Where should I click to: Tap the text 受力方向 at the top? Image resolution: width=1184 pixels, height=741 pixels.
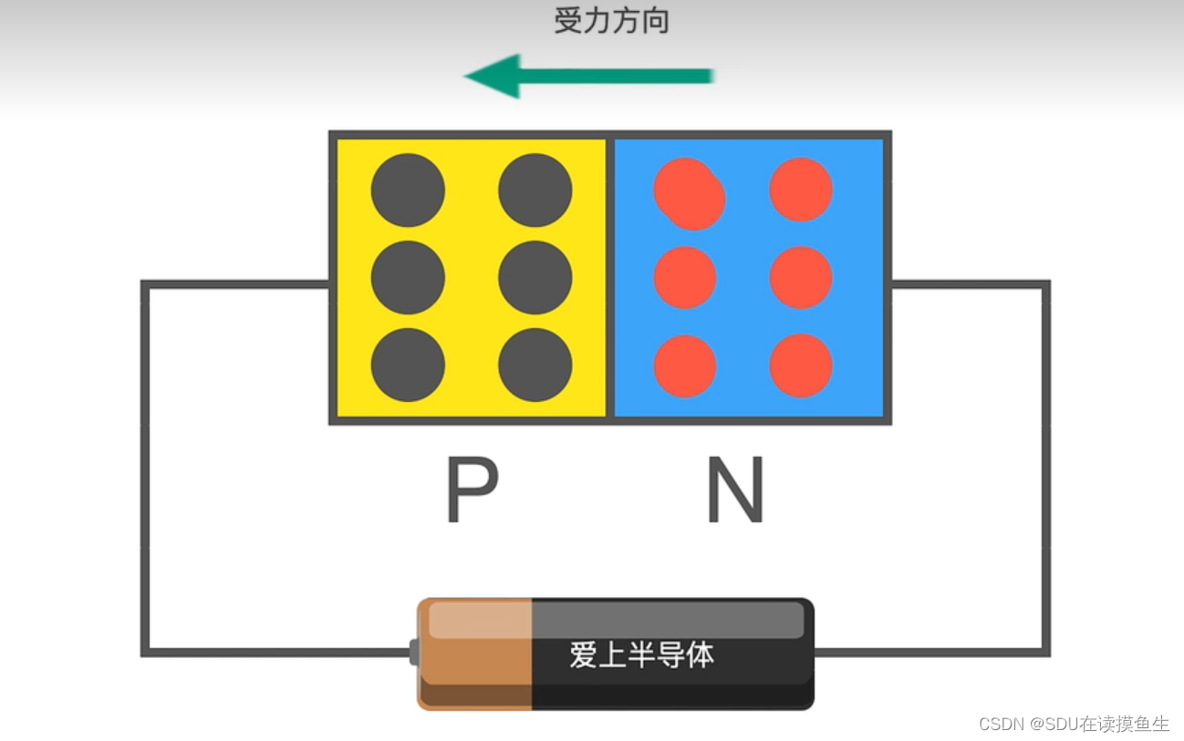pos(612,21)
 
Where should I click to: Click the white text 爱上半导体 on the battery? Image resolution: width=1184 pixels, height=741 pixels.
pos(641,654)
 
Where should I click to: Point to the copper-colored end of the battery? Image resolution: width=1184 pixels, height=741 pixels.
pos(475,654)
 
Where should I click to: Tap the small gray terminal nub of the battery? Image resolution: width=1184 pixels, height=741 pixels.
pos(413,653)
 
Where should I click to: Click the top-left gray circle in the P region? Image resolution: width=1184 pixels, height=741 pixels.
pos(408,190)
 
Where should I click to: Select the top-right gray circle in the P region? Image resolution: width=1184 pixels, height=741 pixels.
pos(535,190)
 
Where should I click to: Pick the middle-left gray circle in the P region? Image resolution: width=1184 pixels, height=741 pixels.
pos(408,277)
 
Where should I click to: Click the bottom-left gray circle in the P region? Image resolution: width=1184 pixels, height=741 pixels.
pos(408,365)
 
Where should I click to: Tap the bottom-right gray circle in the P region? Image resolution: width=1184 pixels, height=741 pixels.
pos(535,365)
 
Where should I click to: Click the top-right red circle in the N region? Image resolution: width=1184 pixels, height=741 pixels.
pos(801,190)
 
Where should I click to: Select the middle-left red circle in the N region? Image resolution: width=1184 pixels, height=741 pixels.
pos(685,277)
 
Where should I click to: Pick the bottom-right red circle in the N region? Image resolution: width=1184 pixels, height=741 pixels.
pos(801,365)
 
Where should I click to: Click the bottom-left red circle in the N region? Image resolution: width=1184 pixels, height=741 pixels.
pos(685,365)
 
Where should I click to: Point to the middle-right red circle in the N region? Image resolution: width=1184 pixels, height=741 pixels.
pos(801,277)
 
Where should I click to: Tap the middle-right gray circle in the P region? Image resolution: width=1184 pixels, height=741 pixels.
pos(535,277)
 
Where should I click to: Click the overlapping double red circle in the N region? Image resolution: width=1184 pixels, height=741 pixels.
pos(690,194)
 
